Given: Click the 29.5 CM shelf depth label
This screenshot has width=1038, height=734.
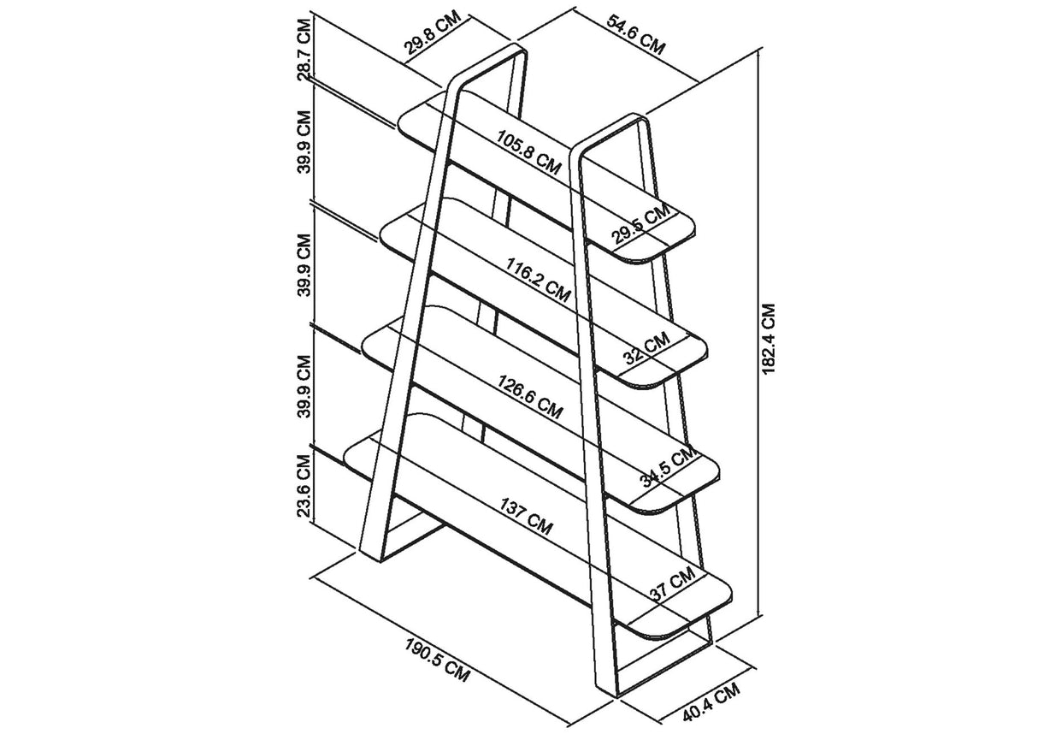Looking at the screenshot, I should [x=640, y=226].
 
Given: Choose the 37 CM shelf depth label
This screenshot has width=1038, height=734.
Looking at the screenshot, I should [x=671, y=587].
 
